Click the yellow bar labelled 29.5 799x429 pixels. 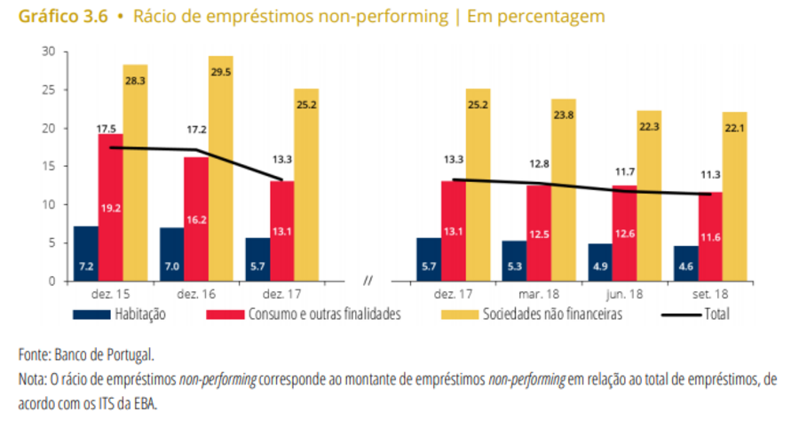click(x=221, y=169)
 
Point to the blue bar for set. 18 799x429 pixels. click(x=685, y=264)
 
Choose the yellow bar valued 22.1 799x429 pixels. click(x=735, y=196)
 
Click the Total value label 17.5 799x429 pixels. click(x=108, y=126)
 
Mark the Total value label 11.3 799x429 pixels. click(x=710, y=174)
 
